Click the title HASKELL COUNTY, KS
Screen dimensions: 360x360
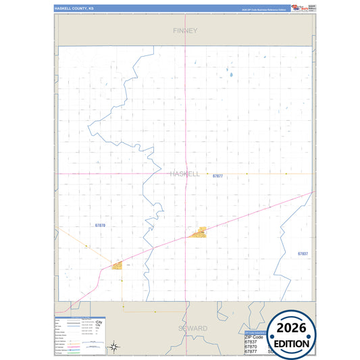[74, 9]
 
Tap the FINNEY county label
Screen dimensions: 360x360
[184, 30]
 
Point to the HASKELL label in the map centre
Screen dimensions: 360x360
[184, 174]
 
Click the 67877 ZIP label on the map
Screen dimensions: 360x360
[217, 176]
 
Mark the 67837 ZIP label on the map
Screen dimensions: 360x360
[303, 253]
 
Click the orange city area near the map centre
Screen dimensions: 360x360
[199, 233]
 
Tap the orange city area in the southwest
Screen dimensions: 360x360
[117, 265]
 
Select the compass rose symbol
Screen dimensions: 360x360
[115, 346]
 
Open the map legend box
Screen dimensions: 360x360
[81, 335]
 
